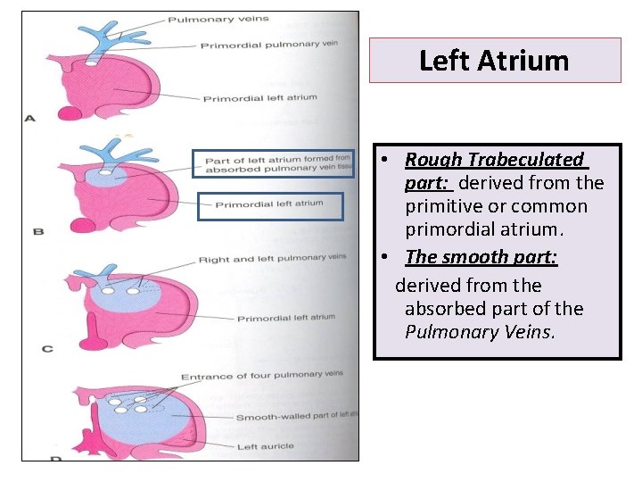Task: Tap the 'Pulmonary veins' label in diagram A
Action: tap(218, 19)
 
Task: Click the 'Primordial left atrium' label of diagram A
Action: tap(259, 97)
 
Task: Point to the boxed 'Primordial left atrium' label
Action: tap(269, 204)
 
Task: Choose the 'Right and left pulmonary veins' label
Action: tap(272, 258)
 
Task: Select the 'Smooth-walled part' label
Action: tap(294, 416)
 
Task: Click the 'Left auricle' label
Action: tap(265, 446)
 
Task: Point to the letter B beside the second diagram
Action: tap(37, 231)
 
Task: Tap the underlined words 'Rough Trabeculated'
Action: tap(494, 160)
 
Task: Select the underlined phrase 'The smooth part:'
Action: tap(481, 257)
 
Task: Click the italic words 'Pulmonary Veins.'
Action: tap(480, 332)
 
